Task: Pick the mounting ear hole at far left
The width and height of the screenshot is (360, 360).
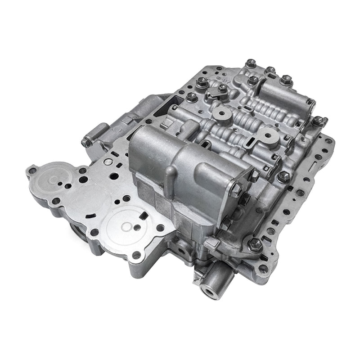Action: coord(32,171)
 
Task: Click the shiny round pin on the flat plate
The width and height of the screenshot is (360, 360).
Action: coord(108,161)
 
